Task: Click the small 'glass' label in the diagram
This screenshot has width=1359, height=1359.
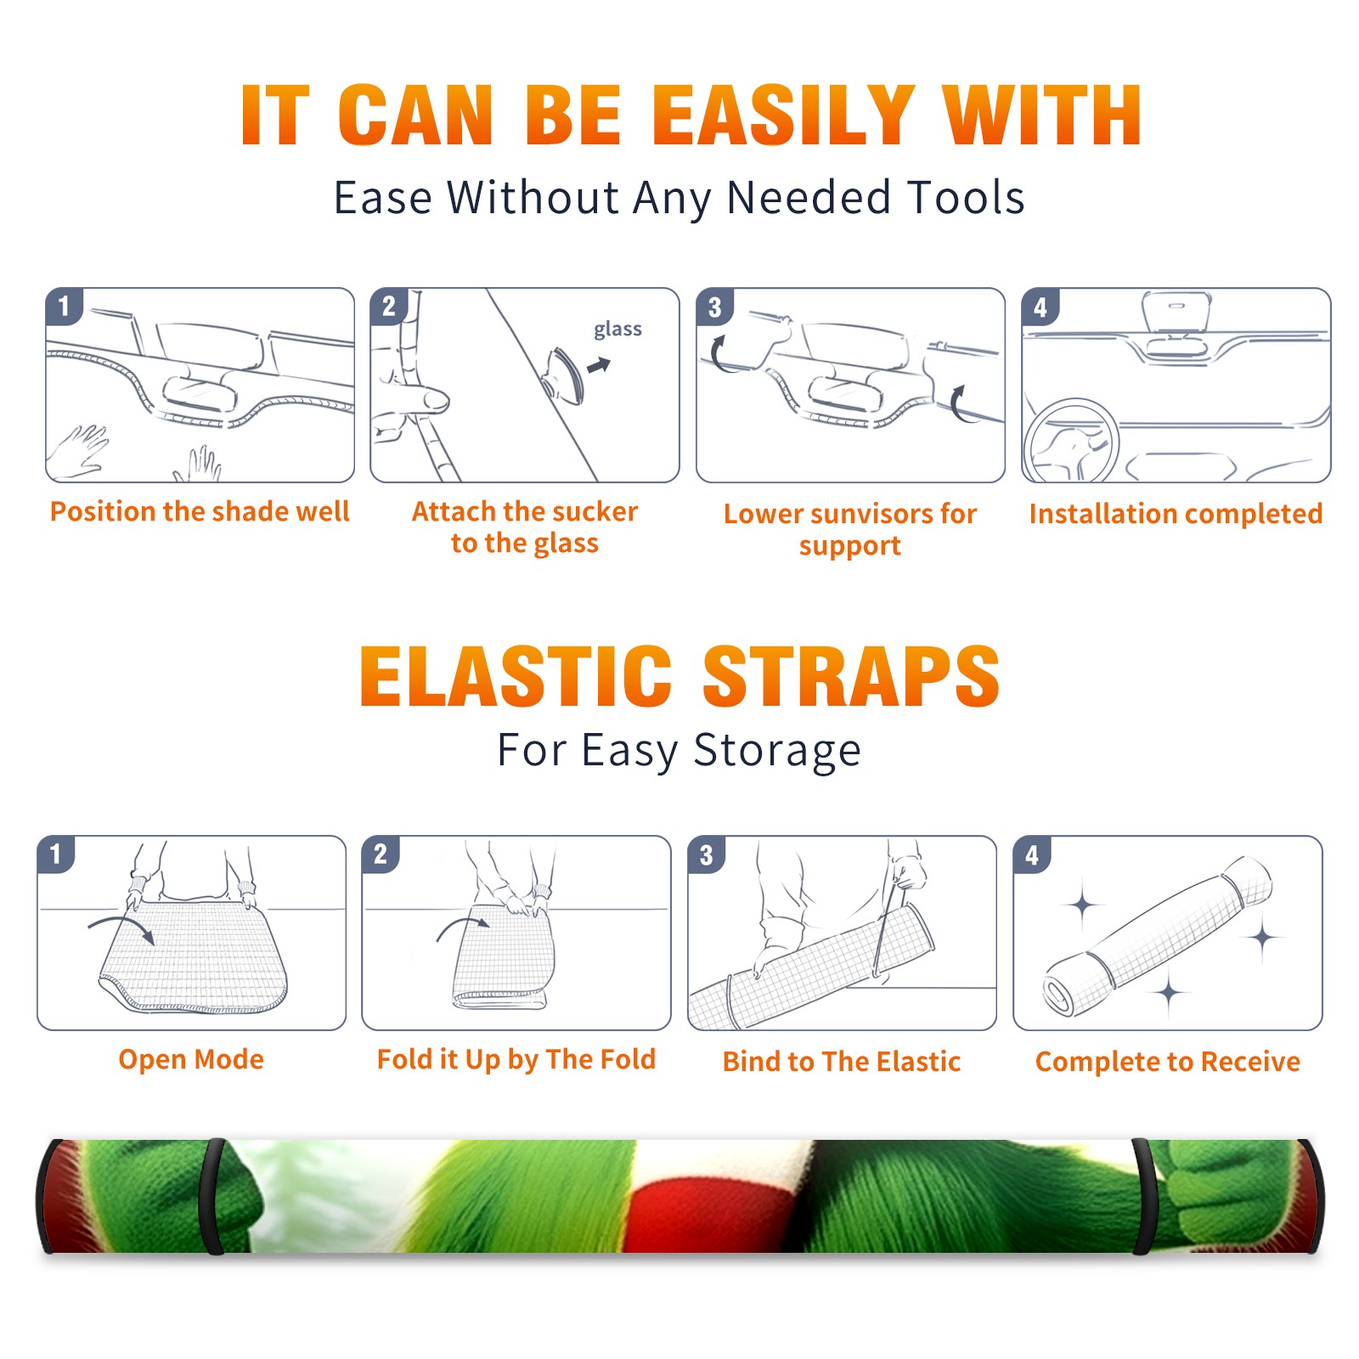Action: pyautogui.click(x=617, y=330)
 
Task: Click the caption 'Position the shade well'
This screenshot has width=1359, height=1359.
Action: pyautogui.click(x=200, y=511)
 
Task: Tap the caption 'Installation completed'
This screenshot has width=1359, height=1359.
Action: pyautogui.click(x=1176, y=514)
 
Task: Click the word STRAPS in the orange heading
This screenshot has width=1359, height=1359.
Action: pyautogui.click(x=851, y=676)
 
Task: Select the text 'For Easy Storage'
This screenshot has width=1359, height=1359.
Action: pyautogui.click(x=679, y=751)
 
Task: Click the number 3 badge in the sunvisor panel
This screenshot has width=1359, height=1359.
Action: pyautogui.click(x=714, y=307)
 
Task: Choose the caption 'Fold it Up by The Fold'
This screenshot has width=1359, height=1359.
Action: pyautogui.click(x=516, y=1060)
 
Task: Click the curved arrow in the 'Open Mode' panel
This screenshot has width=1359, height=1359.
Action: pyautogui.click(x=121, y=928)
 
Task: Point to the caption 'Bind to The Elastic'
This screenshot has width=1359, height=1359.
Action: pyautogui.click(x=842, y=1062)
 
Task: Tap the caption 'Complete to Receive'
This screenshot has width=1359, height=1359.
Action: pyautogui.click(x=1168, y=1062)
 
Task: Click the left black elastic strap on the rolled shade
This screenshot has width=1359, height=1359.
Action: pyautogui.click(x=212, y=1196)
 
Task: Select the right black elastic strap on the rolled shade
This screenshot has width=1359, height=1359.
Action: pyautogui.click(x=1143, y=1196)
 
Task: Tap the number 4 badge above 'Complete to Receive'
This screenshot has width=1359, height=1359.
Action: pyautogui.click(x=1032, y=854)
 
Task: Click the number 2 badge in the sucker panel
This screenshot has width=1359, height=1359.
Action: pyautogui.click(x=389, y=307)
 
